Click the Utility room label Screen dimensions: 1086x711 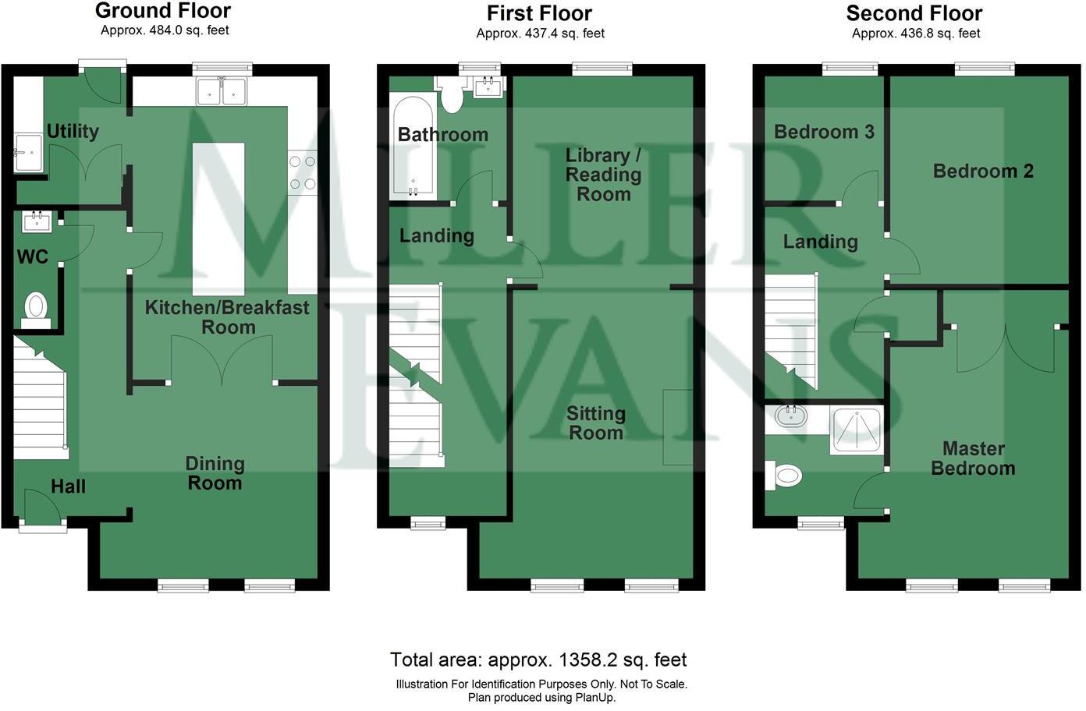coord(73,131)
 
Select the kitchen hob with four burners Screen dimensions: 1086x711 coord(303,172)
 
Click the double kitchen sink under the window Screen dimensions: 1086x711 coord(222,91)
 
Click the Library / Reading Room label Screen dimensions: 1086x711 coord(604,175)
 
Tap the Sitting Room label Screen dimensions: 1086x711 coord(596,423)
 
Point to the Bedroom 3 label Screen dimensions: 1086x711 coord(824,132)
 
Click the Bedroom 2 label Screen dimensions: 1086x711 coord(983,171)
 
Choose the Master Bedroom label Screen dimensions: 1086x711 coord(973,458)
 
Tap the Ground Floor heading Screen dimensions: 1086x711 coord(163,10)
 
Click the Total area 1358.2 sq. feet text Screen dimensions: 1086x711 coord(538,660)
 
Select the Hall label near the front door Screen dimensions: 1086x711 coord(69,486)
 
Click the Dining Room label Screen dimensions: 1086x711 coord(215,473)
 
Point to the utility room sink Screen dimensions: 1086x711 coord(28,152)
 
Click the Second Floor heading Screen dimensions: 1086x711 coord(914,13)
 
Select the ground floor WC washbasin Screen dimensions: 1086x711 coord(37,222)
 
